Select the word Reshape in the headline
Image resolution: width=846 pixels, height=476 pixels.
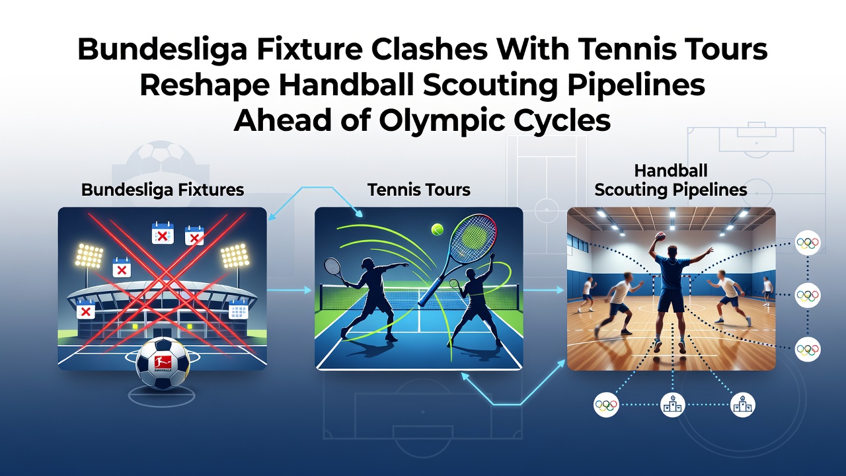coord(205,85)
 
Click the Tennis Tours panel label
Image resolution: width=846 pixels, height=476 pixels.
coord(419,190)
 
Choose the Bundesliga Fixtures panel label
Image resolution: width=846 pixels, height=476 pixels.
coord(163,190)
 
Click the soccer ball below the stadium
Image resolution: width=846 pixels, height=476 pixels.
coord(163,364)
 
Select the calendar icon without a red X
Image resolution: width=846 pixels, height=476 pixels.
coord(239,309)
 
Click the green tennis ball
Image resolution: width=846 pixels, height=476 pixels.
coord(438,229)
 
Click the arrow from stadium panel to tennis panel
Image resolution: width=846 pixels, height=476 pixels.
coord(289,290)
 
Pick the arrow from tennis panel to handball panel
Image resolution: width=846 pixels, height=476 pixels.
coord(544,290)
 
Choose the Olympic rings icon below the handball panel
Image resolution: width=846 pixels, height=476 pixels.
coord(606,405)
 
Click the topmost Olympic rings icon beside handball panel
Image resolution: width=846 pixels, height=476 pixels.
coord(808,243)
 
